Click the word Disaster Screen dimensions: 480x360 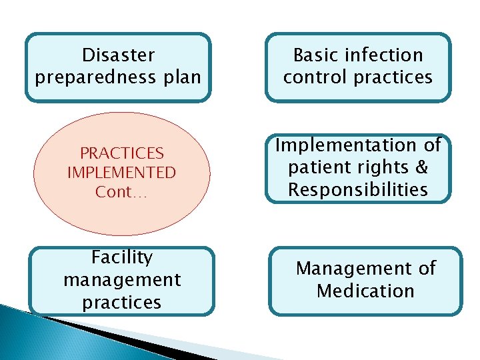tap(118, 55)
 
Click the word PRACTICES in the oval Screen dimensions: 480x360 tap(121, 153)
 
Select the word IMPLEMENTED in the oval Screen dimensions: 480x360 tap(121, 173)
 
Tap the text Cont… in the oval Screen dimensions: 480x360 tap(121, 192)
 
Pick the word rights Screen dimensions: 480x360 tap(383, 167)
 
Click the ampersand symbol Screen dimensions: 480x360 tap(419, 167)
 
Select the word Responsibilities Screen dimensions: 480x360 tap(358, 190)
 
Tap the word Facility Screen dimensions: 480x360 tap(122, 257)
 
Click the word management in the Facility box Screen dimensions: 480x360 tap(122, 279)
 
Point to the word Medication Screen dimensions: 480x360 tap(365, 291)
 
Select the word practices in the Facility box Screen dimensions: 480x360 tap(122, 302)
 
